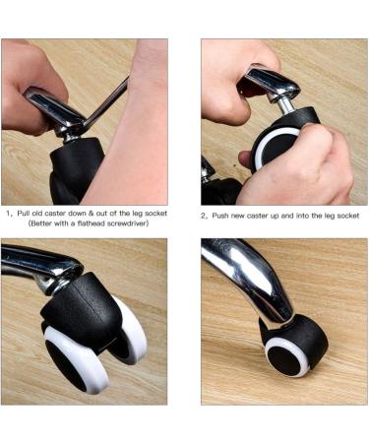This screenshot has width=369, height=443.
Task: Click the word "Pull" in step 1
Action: [x=27, y=213]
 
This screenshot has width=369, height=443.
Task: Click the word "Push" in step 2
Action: [x=222, y=216]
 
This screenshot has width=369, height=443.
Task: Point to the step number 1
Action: [x=8, y=213]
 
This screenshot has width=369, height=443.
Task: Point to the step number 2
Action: [x=204, y=216]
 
